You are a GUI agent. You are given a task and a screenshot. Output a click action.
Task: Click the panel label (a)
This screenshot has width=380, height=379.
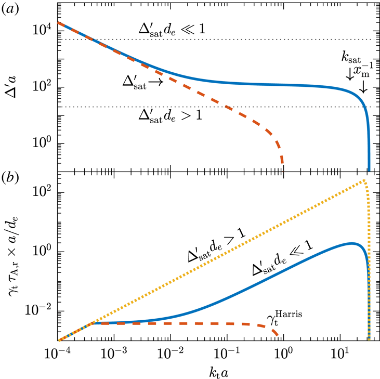(10, 9)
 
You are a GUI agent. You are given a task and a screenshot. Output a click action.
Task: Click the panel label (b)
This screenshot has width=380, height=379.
(10, 178)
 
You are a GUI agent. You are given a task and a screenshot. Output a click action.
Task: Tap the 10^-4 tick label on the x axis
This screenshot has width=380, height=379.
(58, 354)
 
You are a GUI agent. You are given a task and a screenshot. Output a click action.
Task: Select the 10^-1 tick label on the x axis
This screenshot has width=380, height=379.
(227, 354)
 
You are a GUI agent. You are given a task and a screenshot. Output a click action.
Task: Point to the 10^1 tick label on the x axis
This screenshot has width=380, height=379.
(341, 354)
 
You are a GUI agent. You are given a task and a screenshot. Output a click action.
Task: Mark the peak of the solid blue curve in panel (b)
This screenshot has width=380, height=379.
(351, 243)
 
